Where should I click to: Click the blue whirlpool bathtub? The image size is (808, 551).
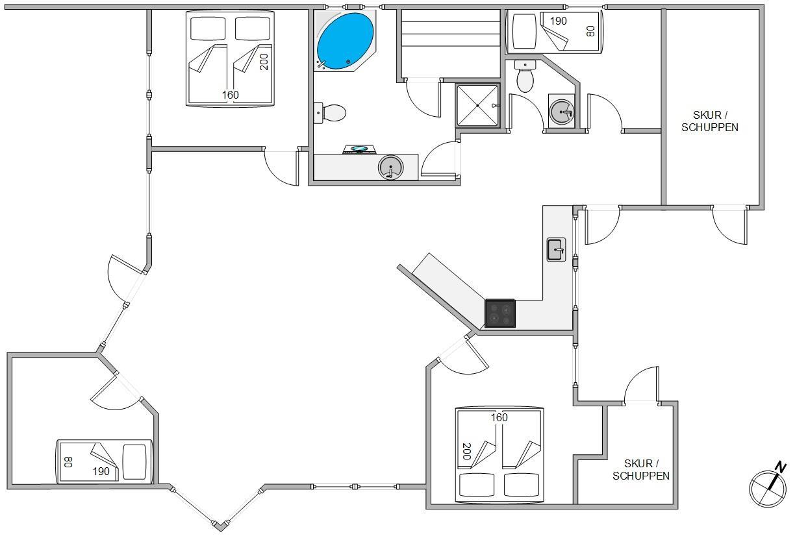345,41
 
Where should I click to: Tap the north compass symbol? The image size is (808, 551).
768,489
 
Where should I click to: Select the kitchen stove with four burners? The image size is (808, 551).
499,313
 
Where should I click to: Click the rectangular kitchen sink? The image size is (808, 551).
556,249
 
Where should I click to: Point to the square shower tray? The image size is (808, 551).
477,105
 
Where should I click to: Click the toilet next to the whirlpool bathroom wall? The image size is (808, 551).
330,113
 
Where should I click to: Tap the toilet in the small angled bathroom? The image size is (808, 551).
525,76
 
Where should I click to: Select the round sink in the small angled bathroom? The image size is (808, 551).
562,112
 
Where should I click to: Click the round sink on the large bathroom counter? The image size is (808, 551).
390,167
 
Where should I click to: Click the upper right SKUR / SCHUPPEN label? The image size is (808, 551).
709,121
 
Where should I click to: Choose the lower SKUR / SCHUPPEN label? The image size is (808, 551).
640,470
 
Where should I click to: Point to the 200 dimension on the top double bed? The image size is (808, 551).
264,62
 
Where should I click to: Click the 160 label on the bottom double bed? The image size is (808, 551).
499,417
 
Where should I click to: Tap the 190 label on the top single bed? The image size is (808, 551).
558,21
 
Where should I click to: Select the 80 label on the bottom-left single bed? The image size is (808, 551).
68,461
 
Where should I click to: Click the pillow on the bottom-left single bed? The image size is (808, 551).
134,462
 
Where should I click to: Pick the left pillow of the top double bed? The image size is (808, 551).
208,29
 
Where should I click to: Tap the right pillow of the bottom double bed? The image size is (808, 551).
521,485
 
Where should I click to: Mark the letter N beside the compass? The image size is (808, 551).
780,467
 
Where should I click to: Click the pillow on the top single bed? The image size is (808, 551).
524,31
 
